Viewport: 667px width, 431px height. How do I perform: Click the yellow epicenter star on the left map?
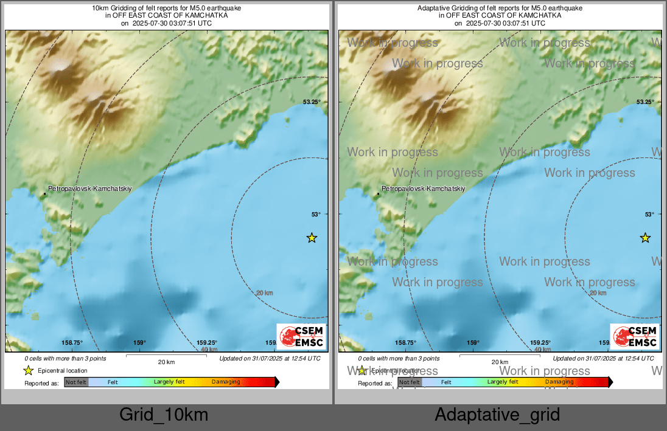click(312, 238)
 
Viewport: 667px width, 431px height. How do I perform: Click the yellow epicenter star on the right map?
click(645, 238)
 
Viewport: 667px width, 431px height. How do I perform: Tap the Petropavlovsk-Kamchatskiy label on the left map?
click(89, 189)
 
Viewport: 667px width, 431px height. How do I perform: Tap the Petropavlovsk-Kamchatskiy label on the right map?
click(423, 189)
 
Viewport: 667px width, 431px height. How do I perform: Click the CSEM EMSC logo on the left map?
click(301, 336)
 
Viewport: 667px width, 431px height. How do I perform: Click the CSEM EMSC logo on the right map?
click(635, 336)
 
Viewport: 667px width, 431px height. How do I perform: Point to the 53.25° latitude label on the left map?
click(312, 102)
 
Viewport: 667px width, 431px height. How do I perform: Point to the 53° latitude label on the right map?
click(649, 214)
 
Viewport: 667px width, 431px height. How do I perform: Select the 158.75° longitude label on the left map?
click(72, 343)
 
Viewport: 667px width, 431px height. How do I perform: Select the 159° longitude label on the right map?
click(473, 343)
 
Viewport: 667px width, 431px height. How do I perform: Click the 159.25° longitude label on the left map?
click(207, 343)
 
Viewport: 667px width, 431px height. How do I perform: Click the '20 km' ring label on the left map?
click(264, 293)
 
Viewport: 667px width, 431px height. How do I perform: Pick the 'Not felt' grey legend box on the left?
click(76, 382)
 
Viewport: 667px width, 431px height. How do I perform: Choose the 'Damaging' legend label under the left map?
click(226, 382)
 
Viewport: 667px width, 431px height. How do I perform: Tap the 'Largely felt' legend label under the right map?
click(503, 382)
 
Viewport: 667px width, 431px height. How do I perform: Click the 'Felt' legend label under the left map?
click(113, 382)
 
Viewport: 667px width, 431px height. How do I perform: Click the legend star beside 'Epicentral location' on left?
click(28, 370)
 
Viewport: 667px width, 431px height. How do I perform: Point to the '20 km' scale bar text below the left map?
click(166, 362)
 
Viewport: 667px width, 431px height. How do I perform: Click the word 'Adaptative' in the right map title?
click(431, 9)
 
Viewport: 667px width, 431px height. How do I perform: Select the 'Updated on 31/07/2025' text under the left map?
click(270, 359)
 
